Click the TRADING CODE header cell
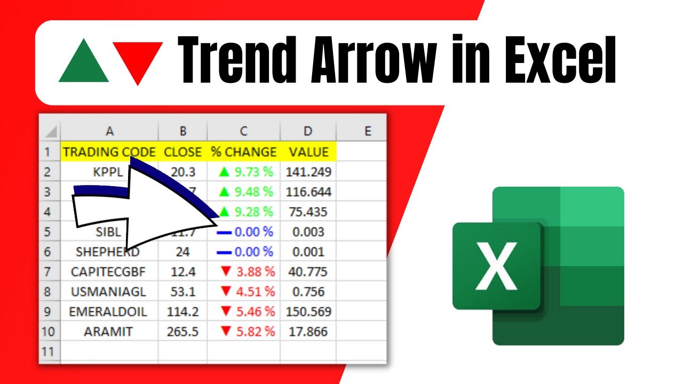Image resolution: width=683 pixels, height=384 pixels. (x=109, y=152)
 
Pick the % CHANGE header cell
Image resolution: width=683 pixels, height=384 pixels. (x=244, y=152)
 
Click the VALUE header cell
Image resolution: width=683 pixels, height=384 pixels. (x=308, y=152)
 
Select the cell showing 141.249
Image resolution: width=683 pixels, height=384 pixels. (x=308, y=172)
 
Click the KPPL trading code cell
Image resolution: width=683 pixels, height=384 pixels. (x=107, y=172)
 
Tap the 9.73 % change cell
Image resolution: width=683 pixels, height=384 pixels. (x=245, y=172)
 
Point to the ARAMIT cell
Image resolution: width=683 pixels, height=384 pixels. (x=108, y=332)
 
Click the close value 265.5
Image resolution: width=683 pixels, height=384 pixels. (x=183, y=332)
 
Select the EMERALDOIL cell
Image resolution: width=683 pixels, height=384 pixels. (x=108, y=311)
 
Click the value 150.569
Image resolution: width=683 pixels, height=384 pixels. (x=308, y=311)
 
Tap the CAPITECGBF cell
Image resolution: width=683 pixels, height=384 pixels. (x=108, y=272)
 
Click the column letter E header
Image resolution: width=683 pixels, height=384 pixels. (x=367, y=131)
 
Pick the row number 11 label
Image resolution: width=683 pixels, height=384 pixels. (x=48, y=351)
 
